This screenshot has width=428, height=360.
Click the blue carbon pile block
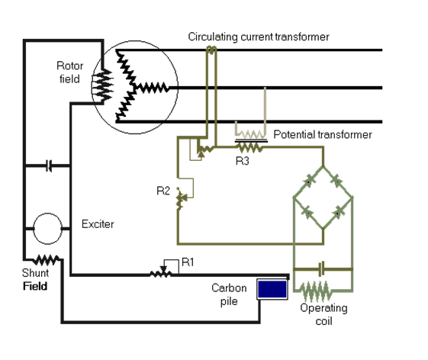coord(272,289)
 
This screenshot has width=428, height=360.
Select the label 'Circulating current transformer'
coord(259,37)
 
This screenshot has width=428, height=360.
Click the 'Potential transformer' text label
coord(322,135)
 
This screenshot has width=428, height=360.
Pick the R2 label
coord(163,190)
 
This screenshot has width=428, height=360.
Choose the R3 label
coord(241,162)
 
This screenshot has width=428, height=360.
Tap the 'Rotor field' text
coord(69,72)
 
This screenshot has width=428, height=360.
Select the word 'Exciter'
coord(98,224)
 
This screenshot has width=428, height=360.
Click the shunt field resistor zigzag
coord(47,259)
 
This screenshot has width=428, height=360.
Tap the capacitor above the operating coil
coord(323,268)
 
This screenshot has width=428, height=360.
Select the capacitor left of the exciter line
coord(49,165)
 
